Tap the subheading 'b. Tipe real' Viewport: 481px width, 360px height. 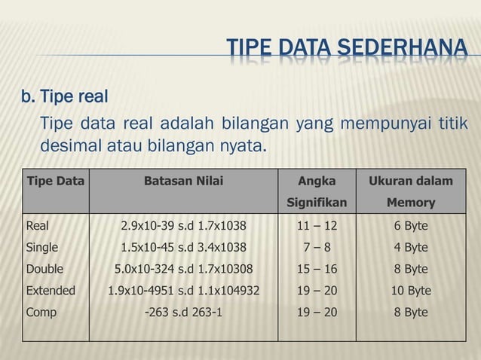point(65,97)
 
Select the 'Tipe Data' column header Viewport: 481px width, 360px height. point(56,181)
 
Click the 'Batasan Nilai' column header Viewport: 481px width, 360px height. point(183,181)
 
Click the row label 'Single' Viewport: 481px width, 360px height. point(41,247)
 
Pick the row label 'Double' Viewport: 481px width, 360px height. point(44,269)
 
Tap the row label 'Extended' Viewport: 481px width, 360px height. point(51,290)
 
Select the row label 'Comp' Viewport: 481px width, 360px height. point(41,312)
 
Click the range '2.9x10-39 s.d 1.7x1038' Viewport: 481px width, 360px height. point(183,225)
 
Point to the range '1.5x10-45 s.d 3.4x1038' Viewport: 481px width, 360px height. point(183,247)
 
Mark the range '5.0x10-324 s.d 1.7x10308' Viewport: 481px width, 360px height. point(183,269)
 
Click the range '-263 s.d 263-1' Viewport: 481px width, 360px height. point(183,312)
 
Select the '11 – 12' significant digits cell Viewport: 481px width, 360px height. point(317,225)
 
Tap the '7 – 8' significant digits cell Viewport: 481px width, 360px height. point(317,247)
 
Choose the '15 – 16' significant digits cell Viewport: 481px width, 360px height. point(317,269)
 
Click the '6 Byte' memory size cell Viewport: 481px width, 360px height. point(410,225)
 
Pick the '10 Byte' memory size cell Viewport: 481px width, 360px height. point(410,290)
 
